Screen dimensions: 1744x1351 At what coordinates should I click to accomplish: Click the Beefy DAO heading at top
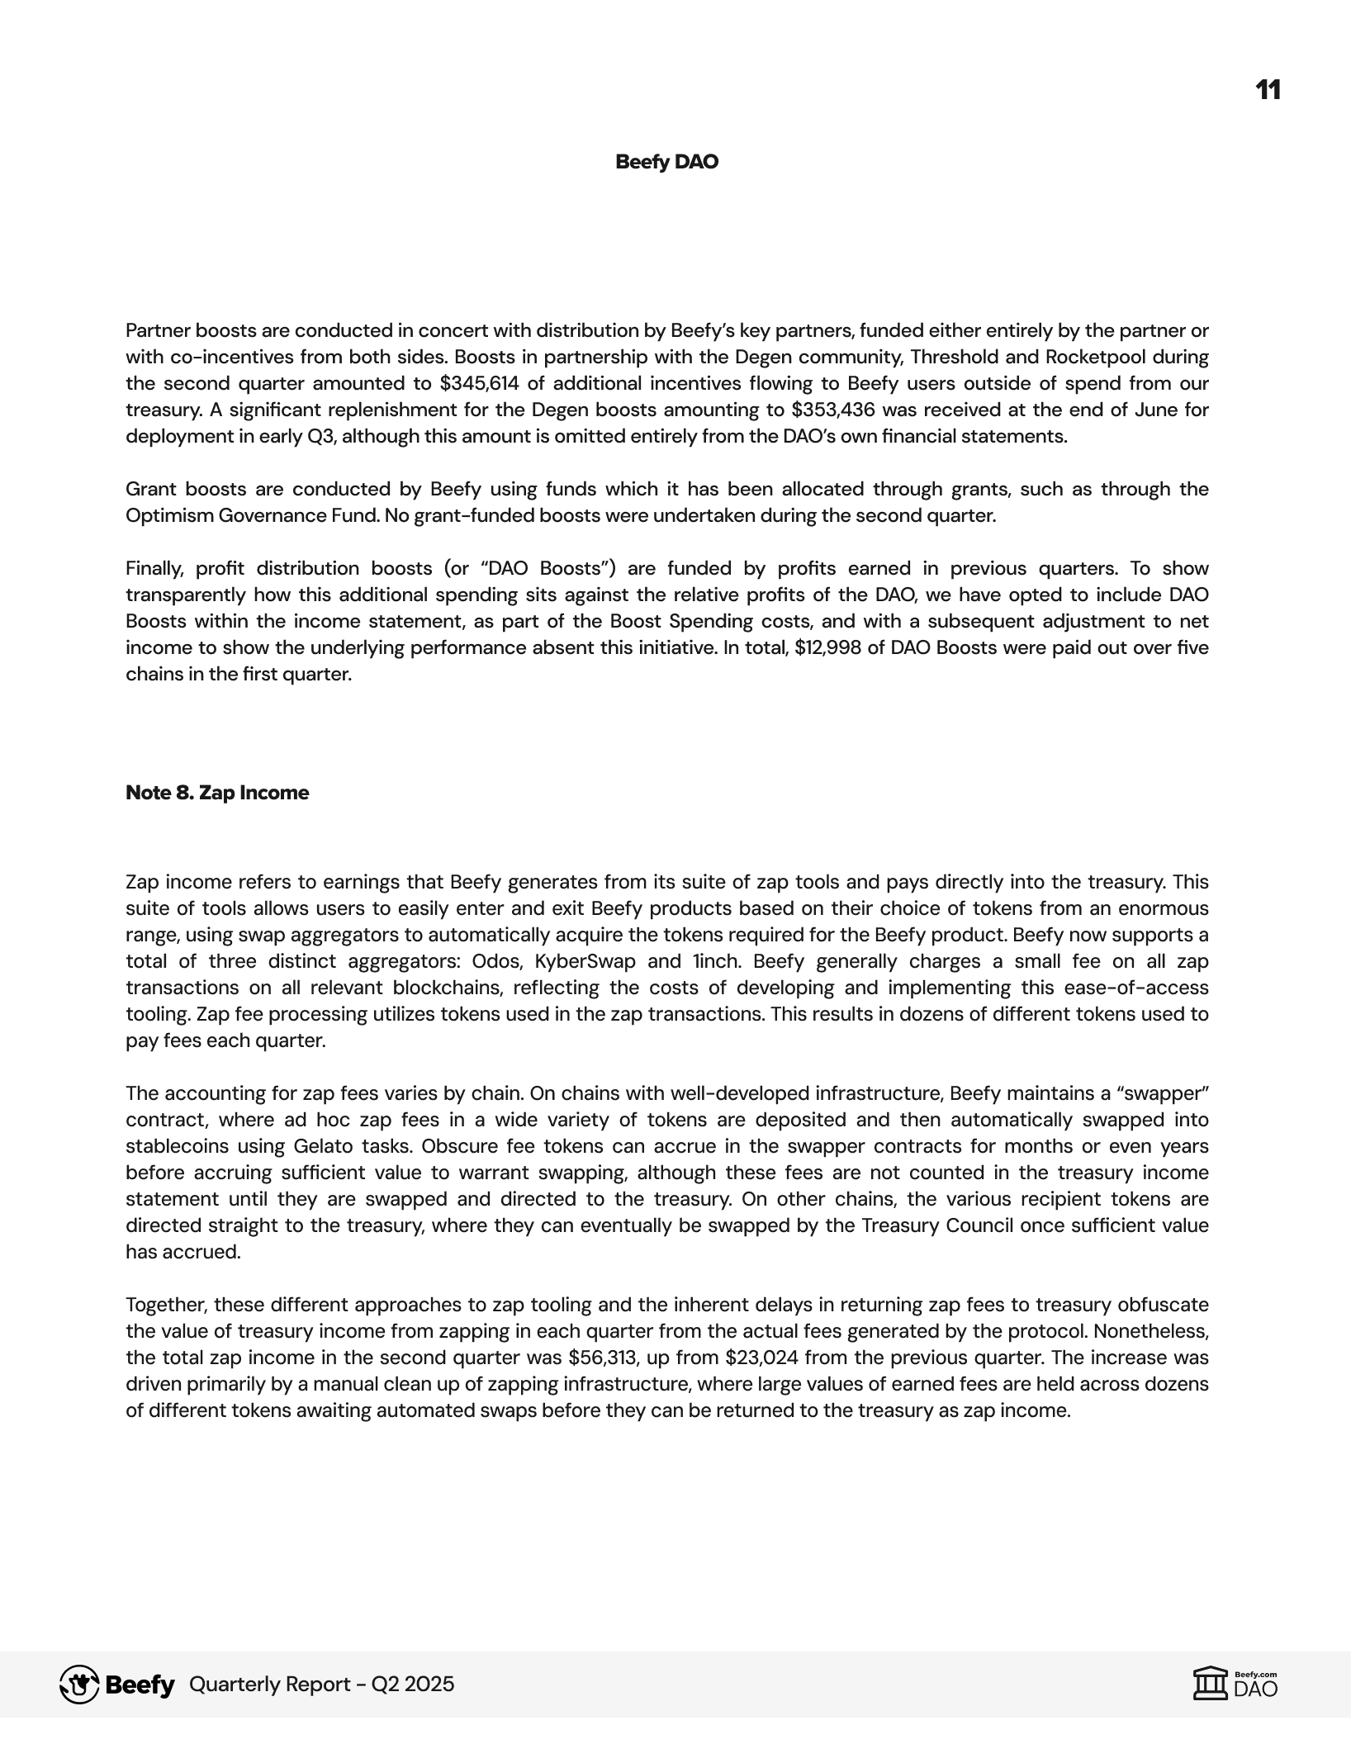point(666,162)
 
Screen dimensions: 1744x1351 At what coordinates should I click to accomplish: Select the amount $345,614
point(476,383)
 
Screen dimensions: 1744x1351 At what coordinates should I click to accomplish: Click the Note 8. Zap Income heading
point(217,793)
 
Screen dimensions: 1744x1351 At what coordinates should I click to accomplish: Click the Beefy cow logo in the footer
point(79,1685)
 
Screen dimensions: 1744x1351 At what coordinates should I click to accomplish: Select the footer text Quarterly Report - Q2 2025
point(321,1685)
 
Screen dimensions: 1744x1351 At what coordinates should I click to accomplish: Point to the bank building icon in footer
point(1210,1685)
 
